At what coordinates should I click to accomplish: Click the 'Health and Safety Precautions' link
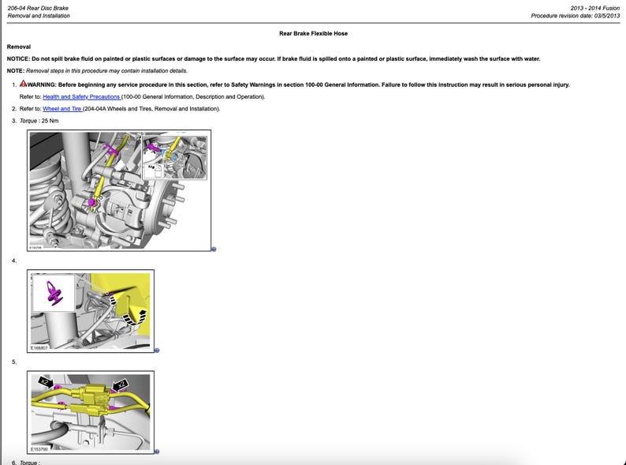tap(81, 96)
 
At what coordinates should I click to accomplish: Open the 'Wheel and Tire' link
tap(62, 108)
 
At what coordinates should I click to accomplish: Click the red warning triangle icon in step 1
tap(24, 84)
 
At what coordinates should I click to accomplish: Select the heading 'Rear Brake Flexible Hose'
tap(313, 34)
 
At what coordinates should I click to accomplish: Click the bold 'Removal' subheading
tap(18, 47)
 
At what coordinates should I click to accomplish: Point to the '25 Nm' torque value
tap(50, 121)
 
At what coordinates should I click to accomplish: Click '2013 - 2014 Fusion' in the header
tap(595, 7)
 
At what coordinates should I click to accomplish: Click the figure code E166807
tap(39, 347)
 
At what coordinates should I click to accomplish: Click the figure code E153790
tap(39, 448)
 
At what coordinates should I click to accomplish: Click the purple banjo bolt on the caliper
tap(92, 204)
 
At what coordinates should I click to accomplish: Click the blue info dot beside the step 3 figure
tap(214, 249)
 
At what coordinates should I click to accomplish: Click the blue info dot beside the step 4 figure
tap(157, 351)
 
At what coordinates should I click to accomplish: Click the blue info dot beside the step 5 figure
tap(157, 452)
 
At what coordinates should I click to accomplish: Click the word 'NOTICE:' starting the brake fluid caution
tap(18, 59)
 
